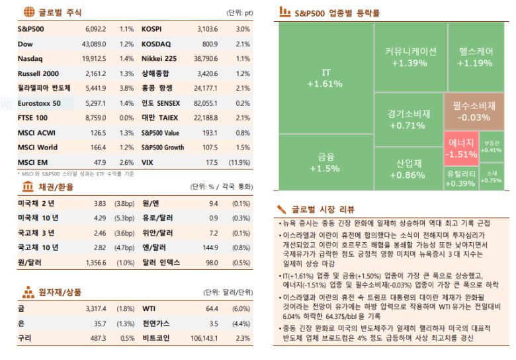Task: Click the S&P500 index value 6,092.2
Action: (x=95, y=30)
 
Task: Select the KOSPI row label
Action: (x=151, y=30)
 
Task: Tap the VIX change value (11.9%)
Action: (x=238, y=162)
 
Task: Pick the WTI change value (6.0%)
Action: (x=240, y=308)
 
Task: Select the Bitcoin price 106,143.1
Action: (x=204, y=337)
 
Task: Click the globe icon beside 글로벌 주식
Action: (x=28, y=12)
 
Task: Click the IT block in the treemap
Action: (x=325, y=78)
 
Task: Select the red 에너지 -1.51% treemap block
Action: (x=461, y=148)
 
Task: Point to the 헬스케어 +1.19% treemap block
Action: (x=475, y=57)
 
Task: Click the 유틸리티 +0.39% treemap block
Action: (x=460, y=178)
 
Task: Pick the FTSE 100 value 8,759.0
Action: (x=95, y=118)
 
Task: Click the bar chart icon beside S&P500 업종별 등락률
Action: (x=284, y=12)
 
